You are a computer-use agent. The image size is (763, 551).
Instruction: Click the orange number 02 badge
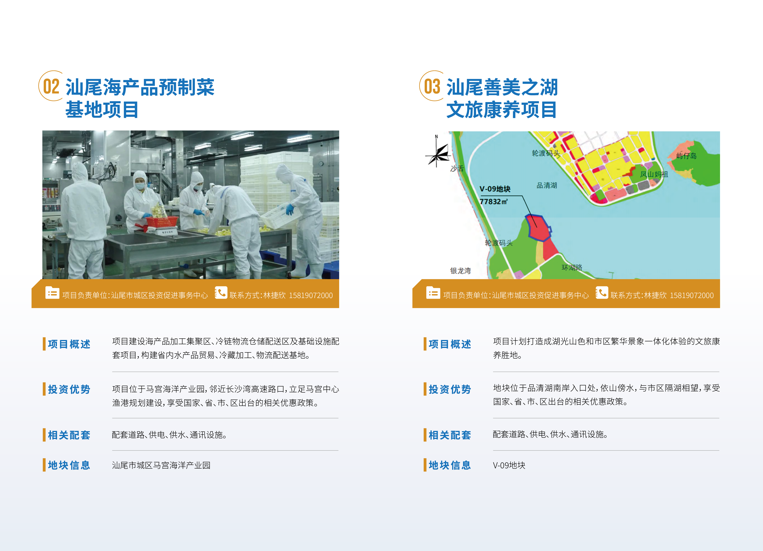click(x=51, y=86)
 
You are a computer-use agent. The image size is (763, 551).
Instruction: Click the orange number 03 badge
click(x=432, y=86)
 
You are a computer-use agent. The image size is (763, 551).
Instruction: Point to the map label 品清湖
click(x=547, y=185)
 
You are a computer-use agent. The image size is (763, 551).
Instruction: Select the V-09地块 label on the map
click(x=495, y=189)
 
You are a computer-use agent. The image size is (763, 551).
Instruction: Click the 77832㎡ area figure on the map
click(x=493, y=201)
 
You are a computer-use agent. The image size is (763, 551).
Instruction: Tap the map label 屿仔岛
click(x=686, y=156)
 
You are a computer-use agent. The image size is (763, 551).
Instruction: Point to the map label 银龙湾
click(x=460, y=271)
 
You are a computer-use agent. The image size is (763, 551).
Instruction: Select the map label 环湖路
click(x=572, y=268)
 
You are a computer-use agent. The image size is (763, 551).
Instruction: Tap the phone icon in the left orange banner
click(x=221, y=293)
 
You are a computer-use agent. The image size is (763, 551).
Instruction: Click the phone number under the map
click(x=692, y=295)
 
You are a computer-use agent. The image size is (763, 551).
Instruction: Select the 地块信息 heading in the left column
click(x=69, y=465)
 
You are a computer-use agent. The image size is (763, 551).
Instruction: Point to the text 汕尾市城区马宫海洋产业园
click(x=161, y=465)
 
